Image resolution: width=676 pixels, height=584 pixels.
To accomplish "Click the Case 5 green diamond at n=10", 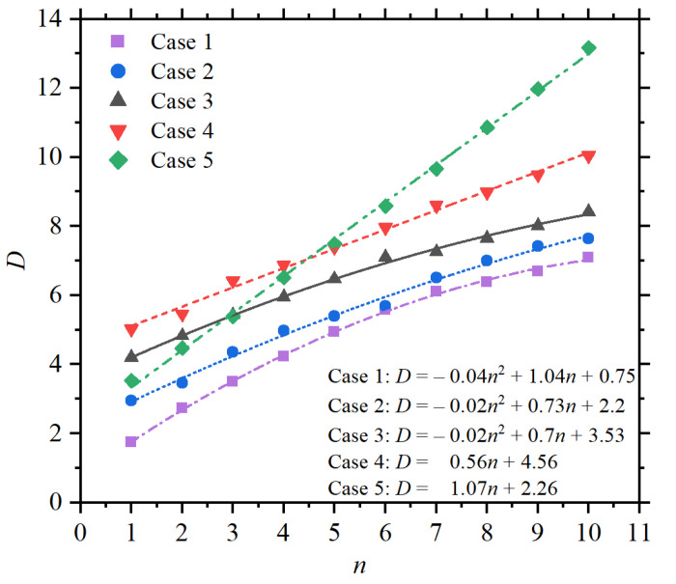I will [588, 47].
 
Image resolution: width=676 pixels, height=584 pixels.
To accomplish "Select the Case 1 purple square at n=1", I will [130, 441].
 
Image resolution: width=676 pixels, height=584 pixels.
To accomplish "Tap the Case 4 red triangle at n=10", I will [588, 156].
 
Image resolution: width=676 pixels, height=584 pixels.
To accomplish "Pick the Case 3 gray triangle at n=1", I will [130, 355].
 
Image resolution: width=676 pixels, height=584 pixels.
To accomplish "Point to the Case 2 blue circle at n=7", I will [437, 278].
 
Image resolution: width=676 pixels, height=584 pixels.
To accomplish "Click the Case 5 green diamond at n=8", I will [487, 127].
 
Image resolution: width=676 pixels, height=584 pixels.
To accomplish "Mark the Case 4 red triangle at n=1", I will [130, 330].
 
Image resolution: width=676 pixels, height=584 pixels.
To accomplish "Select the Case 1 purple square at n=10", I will [588, 257].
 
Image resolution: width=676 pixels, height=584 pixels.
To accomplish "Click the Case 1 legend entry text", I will [181, 42].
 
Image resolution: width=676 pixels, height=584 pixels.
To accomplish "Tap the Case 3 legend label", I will [181, 100].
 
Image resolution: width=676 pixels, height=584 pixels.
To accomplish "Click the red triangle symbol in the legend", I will [117, 130].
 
